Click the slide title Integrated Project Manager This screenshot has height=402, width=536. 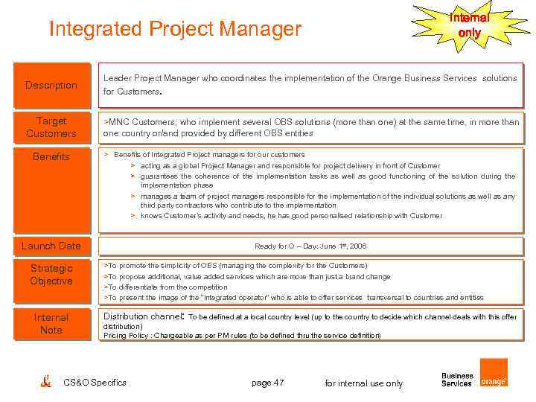coord(175,29)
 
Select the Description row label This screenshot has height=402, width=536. coord(51,85)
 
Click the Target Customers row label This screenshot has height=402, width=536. coord(51,127)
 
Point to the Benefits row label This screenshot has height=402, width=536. coord(51,156)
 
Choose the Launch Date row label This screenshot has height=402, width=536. coord(51,246)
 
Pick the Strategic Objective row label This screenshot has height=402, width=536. coord(51,275)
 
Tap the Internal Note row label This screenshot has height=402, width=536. coord(51,324)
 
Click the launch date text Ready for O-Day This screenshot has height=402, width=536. coord(310,246)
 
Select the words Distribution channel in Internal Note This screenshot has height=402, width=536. coord(143,316)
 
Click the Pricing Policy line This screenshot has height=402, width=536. coord(242,336)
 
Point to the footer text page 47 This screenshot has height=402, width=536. coord(267,383)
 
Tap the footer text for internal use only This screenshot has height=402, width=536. coord(364,383)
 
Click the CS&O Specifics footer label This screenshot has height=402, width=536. coord(95,383)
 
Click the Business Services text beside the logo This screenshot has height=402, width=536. coord(456,380)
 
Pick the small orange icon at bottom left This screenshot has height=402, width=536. coord(45,381)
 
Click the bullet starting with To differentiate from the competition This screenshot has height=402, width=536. coord(166,287)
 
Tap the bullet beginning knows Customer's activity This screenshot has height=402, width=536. coord(290,216)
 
